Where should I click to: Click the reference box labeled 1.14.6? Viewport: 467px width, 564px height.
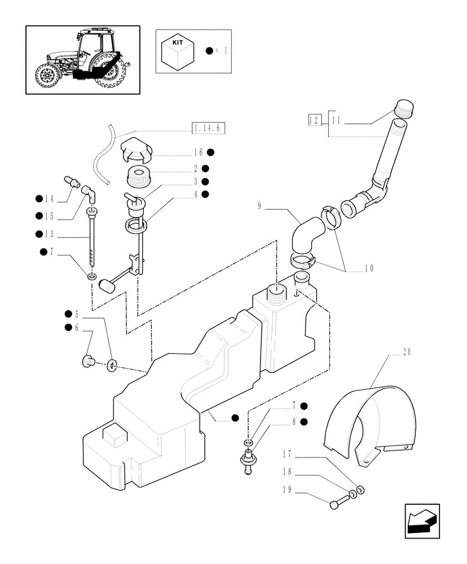click(208, 129)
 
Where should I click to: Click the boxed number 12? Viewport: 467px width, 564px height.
click(314, 120)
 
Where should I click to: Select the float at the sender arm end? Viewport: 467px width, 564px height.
click(105, 287)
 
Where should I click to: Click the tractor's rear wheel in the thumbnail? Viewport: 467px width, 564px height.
click(108, 73)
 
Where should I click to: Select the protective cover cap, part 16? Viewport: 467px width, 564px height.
click(136, 149)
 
